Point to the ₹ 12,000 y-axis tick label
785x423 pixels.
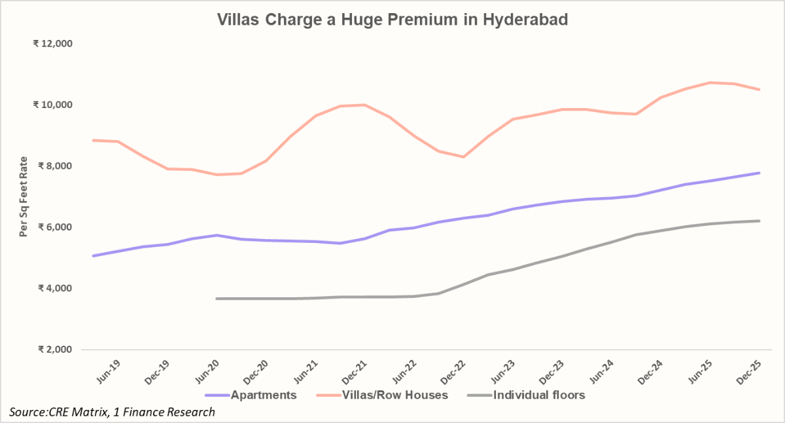tap(53, 44)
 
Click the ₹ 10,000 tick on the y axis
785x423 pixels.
tap(53, 105)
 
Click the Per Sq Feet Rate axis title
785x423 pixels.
tap(24, 196)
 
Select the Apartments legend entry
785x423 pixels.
tap(251, 395)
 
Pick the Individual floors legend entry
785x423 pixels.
tap(527, 395)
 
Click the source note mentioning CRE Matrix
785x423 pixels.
tap(112, 412)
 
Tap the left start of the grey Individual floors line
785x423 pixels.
tap(217, 299)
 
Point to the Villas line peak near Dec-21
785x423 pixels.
tap(364, 105)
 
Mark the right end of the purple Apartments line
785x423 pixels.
tap(759, 173)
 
